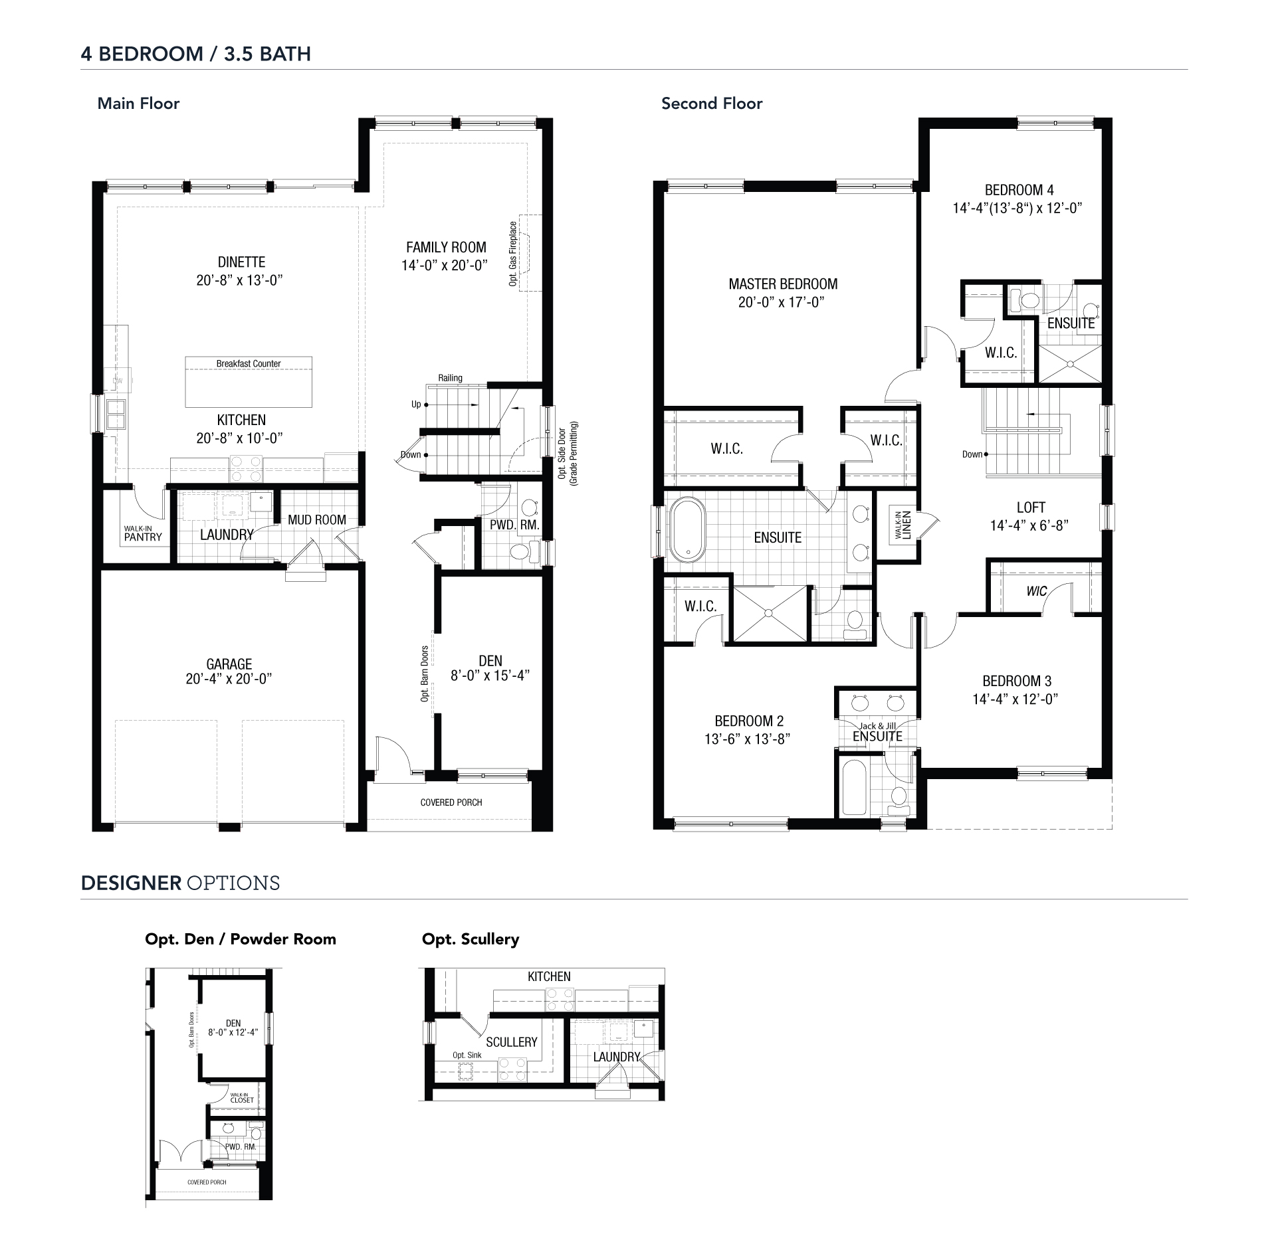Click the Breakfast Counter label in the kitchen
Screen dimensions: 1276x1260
pyautogui.click(x=249, y=363)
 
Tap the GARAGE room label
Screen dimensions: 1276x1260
pyautogui.click(x=229, y=664)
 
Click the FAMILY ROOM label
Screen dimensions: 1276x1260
pyautogui.click(x=446, y=247)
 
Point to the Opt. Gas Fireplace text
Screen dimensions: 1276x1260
pyautogui.click(x=513, y=254)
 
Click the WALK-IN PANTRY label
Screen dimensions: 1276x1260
pyautogui.click(x=142, y=533)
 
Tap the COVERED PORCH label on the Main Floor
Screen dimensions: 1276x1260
pyautogui.click(x=451, y=802)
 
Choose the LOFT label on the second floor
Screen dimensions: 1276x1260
pyautogui.click(x=1031, y=507)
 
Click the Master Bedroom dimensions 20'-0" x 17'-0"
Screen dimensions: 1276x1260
pyautogui.click(x=782, y=302)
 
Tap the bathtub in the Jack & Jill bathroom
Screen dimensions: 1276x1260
pyautogui.click(x=854, y=787)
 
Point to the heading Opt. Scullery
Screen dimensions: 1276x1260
pyautogui.click(x=471, y=939)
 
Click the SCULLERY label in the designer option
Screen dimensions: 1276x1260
pyautogui.click(x=511, y=1042)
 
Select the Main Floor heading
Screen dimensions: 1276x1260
pyautogui.click(x=138, y=103)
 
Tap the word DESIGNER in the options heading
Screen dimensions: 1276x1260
pyautogui.click(x=131, y=883)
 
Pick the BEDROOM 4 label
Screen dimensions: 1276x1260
pyautogui.click(x=1019, y=190)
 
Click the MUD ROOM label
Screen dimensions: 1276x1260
pyautogui.click(x=317, y=519)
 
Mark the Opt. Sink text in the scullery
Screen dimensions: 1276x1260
pyautogui.click(x=467, y=1055)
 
